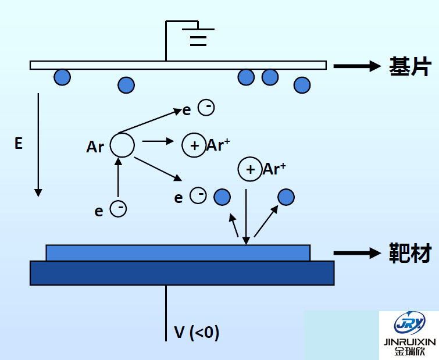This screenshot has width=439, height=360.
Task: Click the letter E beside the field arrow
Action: point(19,144)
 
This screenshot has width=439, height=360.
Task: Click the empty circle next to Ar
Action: point(122,145)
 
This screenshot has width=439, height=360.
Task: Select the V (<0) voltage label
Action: point(197,333)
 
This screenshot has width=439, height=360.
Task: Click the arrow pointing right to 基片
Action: point(356,66)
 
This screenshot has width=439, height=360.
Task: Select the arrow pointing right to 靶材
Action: point(356,253)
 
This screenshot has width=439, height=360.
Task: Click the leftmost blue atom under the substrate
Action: point(62,77)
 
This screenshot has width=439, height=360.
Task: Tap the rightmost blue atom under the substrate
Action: point(302,85)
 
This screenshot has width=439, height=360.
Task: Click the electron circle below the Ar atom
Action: point(118,209)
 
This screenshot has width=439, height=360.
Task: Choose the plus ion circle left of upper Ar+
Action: point(194,145)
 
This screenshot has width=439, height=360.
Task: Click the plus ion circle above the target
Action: point(250,169)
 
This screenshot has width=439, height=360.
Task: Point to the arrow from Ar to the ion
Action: point(158,141)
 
